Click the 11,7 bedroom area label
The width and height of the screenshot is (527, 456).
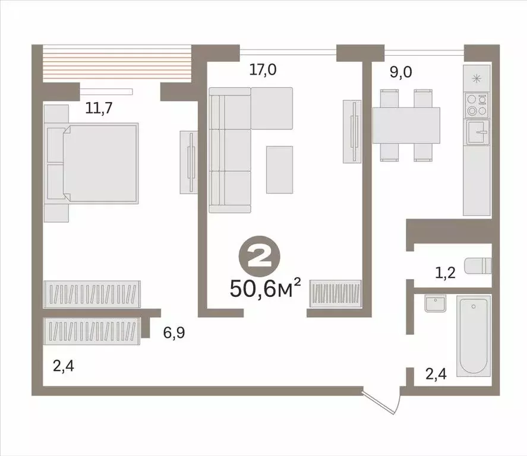85,108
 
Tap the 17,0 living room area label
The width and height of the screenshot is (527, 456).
263,70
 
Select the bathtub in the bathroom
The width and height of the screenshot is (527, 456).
474,335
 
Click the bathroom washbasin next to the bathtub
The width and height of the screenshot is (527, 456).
435,304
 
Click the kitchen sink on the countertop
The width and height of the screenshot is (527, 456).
476,132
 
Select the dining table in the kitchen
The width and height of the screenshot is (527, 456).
406,125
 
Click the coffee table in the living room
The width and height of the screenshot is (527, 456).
279,169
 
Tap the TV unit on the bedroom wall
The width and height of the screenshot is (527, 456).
189,161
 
